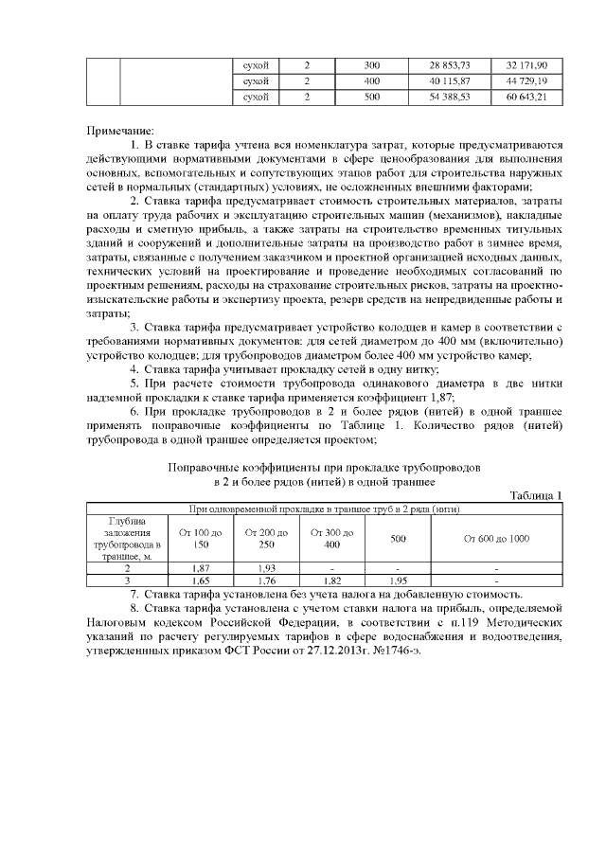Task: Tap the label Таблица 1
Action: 535,495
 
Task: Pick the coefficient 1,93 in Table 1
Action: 265,566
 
